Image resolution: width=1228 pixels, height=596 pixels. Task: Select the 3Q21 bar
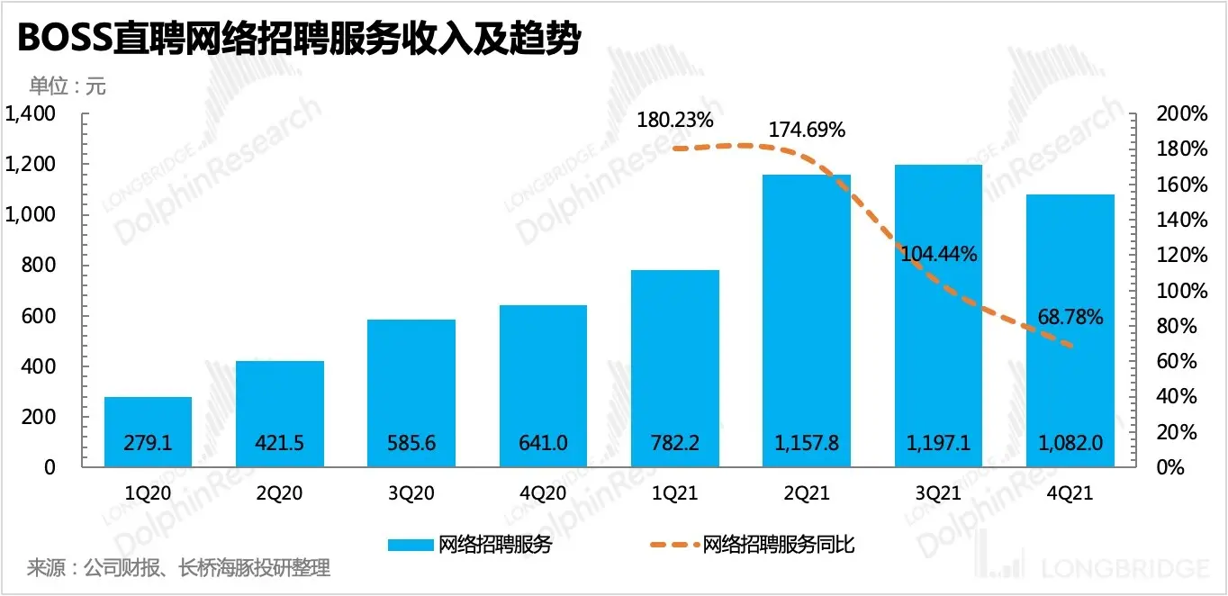click(938, 315)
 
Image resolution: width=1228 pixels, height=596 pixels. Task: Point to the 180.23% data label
click(674, 120)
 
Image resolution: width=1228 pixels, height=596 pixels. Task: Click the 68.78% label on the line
click(1070, 317)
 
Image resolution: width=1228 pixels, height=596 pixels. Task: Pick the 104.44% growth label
click(939, 254)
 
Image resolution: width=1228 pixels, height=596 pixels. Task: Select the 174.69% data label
click(807, 130)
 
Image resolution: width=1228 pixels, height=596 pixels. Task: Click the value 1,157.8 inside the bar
click(807, 443)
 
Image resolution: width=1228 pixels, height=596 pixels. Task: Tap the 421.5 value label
click(280, 443)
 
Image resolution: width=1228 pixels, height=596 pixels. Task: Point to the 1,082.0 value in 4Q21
click(1070, 443)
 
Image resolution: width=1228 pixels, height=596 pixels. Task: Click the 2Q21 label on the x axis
click(807, 493)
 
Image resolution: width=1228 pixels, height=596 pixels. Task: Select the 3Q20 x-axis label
click(411, 493)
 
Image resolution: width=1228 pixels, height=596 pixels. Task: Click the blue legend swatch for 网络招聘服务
click(411, 545)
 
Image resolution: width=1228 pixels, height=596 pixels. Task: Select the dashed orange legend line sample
click(673, 545)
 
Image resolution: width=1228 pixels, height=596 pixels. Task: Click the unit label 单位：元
click(68, 86)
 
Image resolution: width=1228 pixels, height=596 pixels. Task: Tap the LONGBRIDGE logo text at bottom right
click(1125, 568)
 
